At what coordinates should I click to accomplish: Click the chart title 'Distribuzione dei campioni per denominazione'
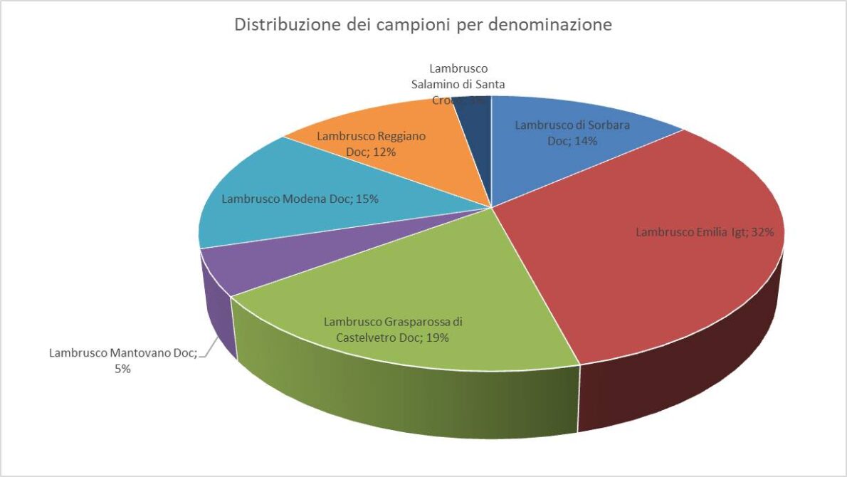click(x=423, y=25)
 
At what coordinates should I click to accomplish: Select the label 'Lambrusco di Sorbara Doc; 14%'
click(x=572, y=132)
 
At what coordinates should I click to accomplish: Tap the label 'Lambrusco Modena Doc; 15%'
click(x=300, y=199)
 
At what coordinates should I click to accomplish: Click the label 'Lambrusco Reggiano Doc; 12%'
click(x=371, y=144)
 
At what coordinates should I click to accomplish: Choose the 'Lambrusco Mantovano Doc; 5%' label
click(x=122, y=360)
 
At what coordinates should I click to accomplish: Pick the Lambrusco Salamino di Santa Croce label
click(x=458, y=84)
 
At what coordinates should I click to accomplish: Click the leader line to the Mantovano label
click(x=207, y=349)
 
